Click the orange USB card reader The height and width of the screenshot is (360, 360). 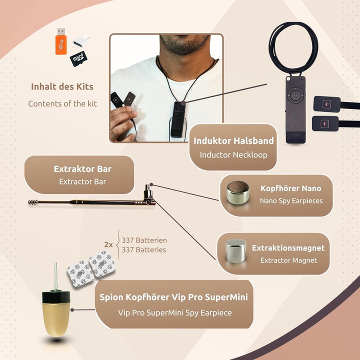[x=61, y=42]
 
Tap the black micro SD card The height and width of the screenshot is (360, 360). [x=78, y=59]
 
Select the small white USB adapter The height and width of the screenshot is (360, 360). [x=81, y=41]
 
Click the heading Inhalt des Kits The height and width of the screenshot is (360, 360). [x=62, y=86]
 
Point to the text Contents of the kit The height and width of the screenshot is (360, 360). [x=62, y=103]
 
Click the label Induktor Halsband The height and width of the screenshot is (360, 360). [x=233, y=140]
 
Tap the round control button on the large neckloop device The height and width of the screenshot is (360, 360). [x=295, y=95]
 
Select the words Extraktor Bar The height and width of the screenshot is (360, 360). [x=82, y=169]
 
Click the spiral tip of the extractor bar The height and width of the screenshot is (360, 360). [x=33, y=202]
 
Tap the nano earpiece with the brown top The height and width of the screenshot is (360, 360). [x=237, y=192]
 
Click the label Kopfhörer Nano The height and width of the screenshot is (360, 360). [x=291, y=188]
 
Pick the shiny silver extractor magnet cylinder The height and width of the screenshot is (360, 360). [x=236, y=250]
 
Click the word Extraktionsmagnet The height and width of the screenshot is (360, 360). [x=288, y=248]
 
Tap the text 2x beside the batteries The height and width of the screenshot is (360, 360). [x=108, y=244]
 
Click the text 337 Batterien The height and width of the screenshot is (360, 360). [x=144, y=240]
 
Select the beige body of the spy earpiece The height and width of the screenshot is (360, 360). [x=56, y=319]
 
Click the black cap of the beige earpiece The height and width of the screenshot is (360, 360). [x=56, y=297]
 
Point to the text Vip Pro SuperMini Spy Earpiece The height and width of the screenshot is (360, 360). [x=175, y=312]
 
